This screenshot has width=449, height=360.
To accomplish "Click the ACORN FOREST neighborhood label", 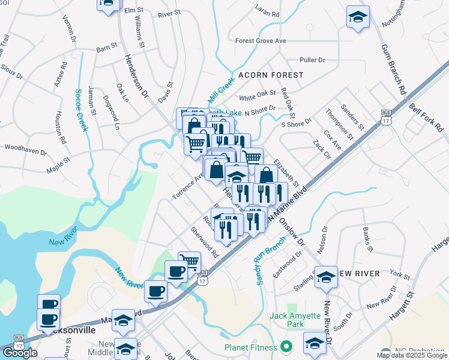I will point(271,75).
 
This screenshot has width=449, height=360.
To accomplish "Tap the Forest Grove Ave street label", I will point(261,41).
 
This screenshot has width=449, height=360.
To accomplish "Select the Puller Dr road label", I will point(312,60).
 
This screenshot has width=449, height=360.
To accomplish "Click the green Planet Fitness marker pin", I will point(286,347).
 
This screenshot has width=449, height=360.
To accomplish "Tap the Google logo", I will point(20,353).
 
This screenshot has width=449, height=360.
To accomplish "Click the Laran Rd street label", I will point(267,11).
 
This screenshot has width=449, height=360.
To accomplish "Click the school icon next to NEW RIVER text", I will point(326,277).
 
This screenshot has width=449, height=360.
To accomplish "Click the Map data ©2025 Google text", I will point(412,355).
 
